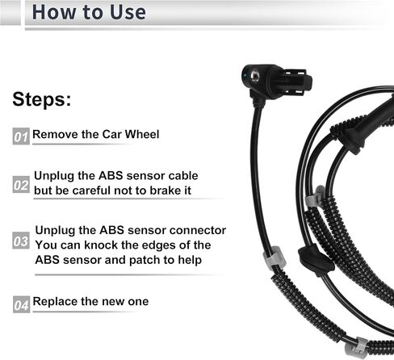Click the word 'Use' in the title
click(x=128, y=12)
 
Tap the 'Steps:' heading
click(x=42, y=99)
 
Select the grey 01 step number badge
click(x=21, y=136)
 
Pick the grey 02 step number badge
click(x=21, y=184)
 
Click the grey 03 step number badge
click(x=21, y=241)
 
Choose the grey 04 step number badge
click(x=21, y=304)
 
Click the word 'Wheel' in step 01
click(x=142, y=134)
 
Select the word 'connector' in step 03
click(x=198, y=230)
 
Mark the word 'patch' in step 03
click(x=145, y=260)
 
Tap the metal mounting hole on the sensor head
click(x=254, y=77)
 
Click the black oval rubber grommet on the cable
click(x=316, y=260)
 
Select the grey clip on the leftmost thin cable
click(x=275, y=257)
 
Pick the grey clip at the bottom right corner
click(x=357, y=347)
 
